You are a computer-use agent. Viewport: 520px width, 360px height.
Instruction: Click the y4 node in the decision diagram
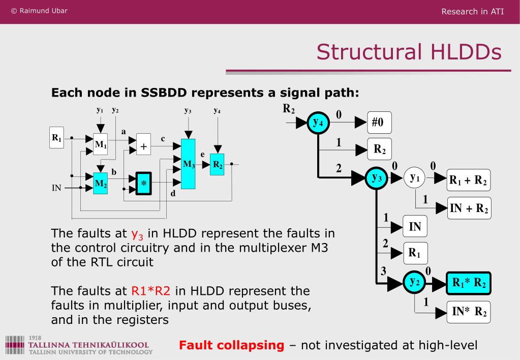coord(318,122)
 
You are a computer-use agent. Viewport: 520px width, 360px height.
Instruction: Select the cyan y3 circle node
coord(377,177)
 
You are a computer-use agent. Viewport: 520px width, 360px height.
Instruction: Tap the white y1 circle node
coord(415,178)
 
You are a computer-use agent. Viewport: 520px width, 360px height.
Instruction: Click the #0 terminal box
coord(379,122)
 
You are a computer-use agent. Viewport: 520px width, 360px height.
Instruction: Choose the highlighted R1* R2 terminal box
coord(468,283)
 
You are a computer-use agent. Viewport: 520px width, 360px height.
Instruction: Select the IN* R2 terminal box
coord(469,311)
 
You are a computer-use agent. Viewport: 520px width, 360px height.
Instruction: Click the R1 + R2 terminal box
coord(468,180)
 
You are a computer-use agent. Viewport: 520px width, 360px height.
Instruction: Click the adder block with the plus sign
coord(144,146)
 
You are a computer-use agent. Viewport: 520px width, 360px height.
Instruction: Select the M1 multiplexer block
coord(101,144)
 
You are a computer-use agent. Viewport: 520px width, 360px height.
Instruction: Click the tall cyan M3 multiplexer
coord(189,164)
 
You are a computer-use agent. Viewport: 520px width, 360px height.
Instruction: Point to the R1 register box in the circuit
coord(56,137)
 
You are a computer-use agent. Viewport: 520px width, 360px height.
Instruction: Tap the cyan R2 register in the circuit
coord(218,164)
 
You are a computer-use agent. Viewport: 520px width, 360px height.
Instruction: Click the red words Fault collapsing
coord(231,345)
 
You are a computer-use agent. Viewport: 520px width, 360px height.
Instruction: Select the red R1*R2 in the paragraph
coord(151,291)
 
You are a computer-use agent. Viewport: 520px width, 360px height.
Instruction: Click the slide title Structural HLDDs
coord(409,52)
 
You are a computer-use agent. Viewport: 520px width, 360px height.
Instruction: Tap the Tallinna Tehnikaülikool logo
coord(79,345)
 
